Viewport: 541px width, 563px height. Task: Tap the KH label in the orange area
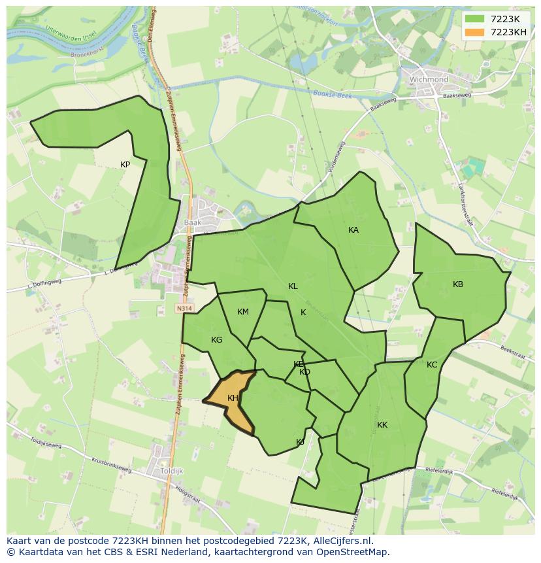(233, 398)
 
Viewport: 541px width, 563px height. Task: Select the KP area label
(125, 165)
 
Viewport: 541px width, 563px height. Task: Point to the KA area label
(353, 230)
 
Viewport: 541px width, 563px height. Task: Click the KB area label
(458, 284)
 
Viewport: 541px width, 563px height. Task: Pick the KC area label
(432, 365)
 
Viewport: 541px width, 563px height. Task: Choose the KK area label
(382, 425)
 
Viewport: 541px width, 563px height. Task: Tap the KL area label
(293, 286)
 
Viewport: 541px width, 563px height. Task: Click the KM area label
(243, 312)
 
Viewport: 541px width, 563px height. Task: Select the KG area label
(217, 340)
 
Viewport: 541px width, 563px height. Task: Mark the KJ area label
(300, 442)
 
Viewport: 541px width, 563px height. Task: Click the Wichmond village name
(429, 80)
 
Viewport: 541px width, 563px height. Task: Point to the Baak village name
(193, 222)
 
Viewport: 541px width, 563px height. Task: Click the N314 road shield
(184, 307)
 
